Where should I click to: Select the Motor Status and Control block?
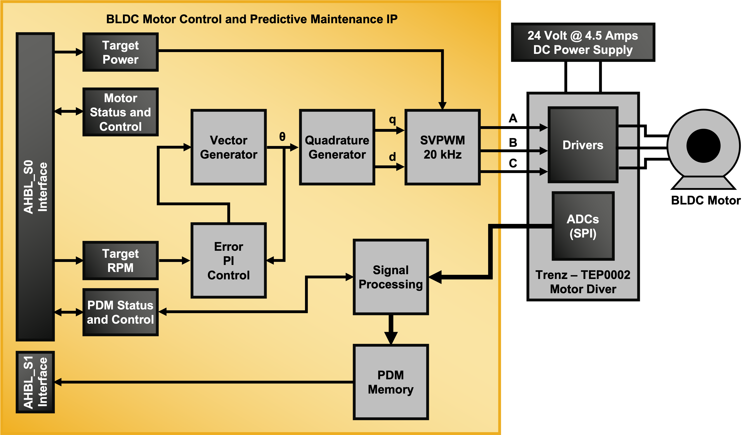[x=120, y=112]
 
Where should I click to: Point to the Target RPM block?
[x=120, y=260]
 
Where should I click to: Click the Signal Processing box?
[x=391, y=277]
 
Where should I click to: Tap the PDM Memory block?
[x=391, y=382]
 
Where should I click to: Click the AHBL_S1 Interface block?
[x=35, y=382]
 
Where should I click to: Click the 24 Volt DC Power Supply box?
[x=583, y=42]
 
